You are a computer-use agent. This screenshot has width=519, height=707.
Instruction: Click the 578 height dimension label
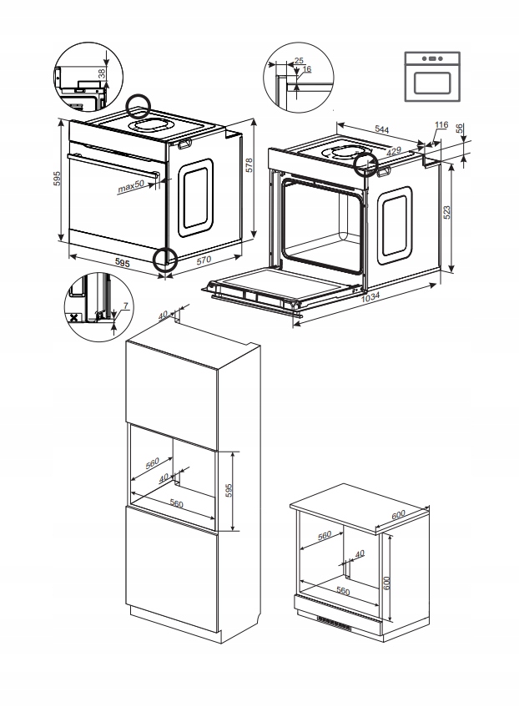click(248, 166)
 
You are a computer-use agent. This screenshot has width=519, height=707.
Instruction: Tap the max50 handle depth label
click(130, 188)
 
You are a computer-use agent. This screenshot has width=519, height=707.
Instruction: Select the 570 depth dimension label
click(203, 260)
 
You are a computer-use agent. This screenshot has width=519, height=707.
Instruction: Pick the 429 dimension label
click(393, 153)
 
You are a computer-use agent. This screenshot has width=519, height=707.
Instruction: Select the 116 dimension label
click(441, 124)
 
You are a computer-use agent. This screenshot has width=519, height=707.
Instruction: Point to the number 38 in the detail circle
click(102, 73)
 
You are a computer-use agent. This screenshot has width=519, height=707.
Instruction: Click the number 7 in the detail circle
click(124, 306)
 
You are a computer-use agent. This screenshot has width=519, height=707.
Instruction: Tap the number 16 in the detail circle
click(307, 69)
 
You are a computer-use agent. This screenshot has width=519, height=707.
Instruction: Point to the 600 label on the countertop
click(399, 514)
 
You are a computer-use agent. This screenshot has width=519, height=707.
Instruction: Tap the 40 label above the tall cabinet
click(164, 314)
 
